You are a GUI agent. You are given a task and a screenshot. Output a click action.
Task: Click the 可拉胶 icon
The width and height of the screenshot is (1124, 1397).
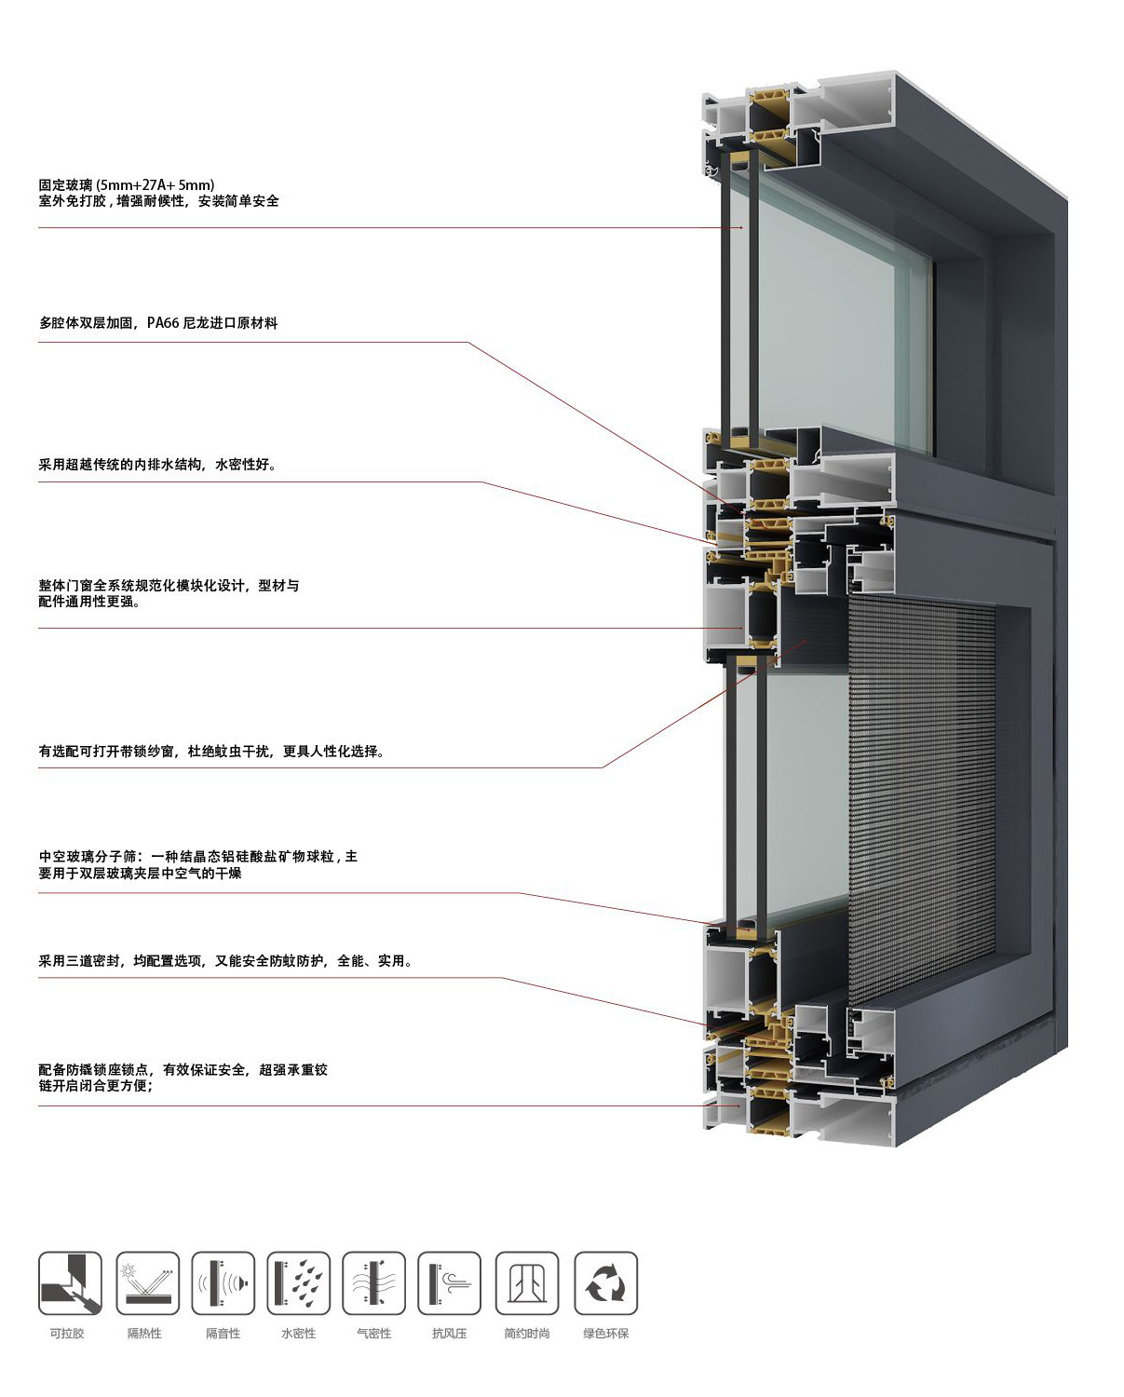(70, 1282)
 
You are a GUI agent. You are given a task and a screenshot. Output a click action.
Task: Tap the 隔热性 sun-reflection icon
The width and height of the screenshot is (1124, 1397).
(147, 1282)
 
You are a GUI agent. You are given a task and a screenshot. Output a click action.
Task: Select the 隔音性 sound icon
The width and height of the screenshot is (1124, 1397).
(223, 1282)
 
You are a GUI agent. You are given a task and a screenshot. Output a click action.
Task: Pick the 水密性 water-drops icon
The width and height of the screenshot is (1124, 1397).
(298, 1282)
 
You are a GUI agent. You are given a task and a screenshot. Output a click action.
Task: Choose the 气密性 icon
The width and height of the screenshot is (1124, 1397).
(373, 1282)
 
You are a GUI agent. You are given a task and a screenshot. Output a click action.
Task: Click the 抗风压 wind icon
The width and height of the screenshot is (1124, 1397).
(450, 1282)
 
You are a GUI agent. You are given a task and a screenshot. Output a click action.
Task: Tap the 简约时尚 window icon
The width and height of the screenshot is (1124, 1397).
(526, 1282)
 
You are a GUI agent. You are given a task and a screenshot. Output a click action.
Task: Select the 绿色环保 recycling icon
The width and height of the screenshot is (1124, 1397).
(606, 1282)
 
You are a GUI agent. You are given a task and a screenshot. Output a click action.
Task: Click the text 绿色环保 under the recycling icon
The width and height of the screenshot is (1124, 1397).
(606, 1334)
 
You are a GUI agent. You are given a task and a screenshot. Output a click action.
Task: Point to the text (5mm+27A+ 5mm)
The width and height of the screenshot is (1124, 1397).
(156, 185)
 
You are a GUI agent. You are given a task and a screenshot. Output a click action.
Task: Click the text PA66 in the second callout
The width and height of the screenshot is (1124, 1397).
(163, 322)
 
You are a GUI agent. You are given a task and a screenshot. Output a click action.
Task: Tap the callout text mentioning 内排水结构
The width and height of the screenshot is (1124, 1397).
(157, 464)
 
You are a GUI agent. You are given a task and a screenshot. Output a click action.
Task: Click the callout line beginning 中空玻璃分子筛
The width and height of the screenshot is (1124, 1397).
(198, 857)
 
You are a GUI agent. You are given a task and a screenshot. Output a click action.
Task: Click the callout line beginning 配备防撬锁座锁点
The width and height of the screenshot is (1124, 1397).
(183, 1069)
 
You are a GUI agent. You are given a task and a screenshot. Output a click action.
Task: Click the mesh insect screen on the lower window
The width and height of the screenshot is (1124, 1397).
(922, 785)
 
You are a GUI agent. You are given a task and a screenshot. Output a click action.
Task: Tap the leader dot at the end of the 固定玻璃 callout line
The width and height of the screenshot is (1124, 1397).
(741, 228)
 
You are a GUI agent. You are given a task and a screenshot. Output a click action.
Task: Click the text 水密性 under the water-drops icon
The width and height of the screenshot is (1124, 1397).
(299, 1334)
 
